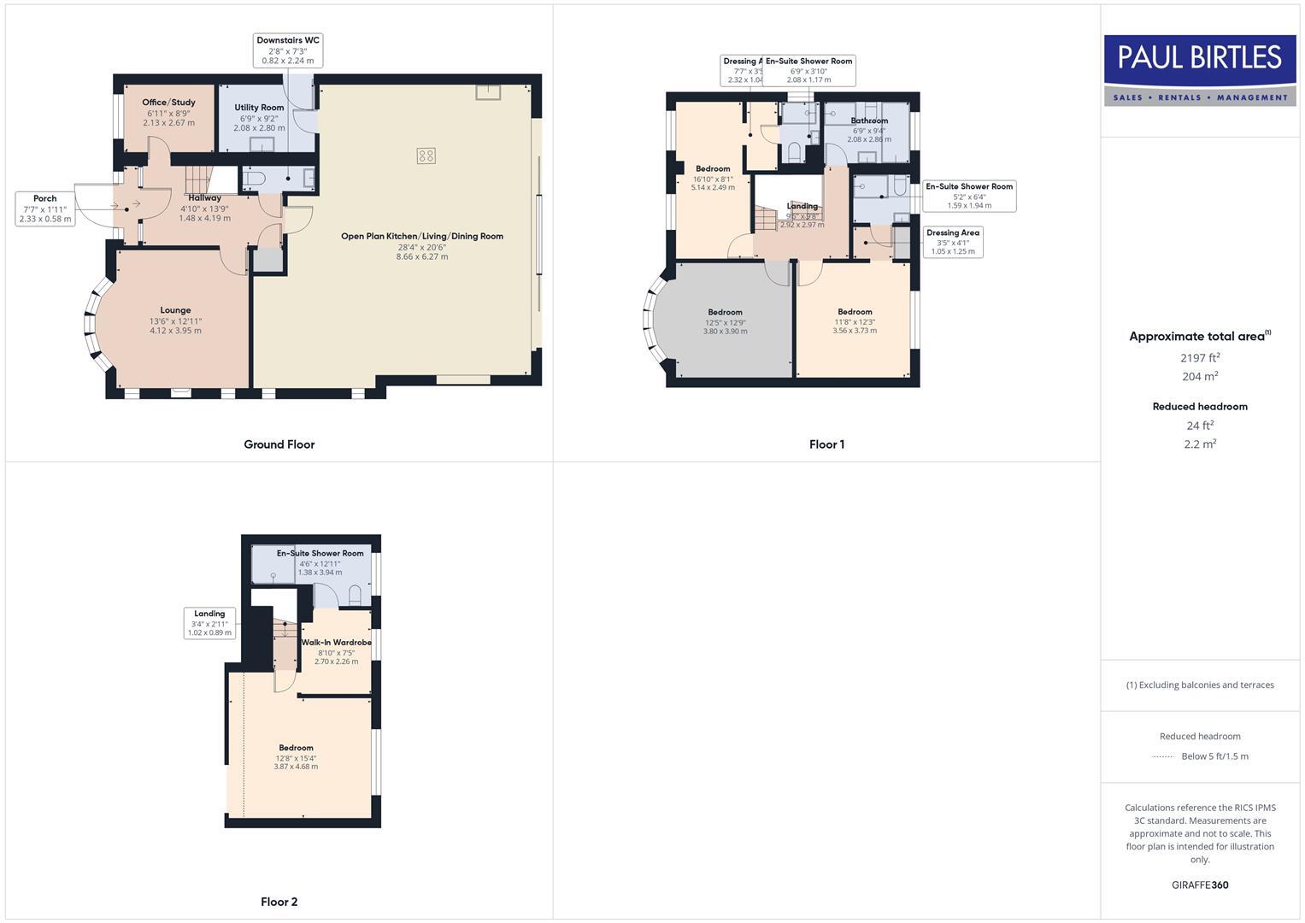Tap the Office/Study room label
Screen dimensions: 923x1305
click(x=168, y=103)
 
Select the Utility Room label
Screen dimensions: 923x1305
click(x=259, y=108)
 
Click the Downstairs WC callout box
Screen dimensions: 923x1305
click(x=288, y=50)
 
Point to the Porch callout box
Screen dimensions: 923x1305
click(x=45, y=209)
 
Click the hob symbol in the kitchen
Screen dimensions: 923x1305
click(x=426, y=156)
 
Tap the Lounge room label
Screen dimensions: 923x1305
click(x=175, y=310)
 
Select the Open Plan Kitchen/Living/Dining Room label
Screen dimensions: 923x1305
click(x=422, y=236)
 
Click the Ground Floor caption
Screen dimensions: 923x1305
click(x=279, y=444)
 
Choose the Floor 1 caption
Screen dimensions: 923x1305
click(x=826, y=444)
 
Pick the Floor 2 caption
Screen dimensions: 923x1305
click(x=279, y=902)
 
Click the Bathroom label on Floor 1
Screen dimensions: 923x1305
click(x=869, y=121)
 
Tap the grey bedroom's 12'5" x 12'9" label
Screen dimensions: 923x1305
click(x=725, y=322)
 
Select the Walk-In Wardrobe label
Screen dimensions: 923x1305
click(x=336, y=642)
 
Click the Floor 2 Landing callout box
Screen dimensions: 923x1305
click(x=209, y=623)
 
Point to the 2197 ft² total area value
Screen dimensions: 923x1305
click(x=1200, y=358)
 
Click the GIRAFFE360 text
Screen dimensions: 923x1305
click(x=1200, y=885)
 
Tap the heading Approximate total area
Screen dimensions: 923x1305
click(x=1198, y=337)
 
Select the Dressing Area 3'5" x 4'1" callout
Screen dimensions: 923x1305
click(x=952, y=242)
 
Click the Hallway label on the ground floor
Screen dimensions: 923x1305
click(x=205, y=197)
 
